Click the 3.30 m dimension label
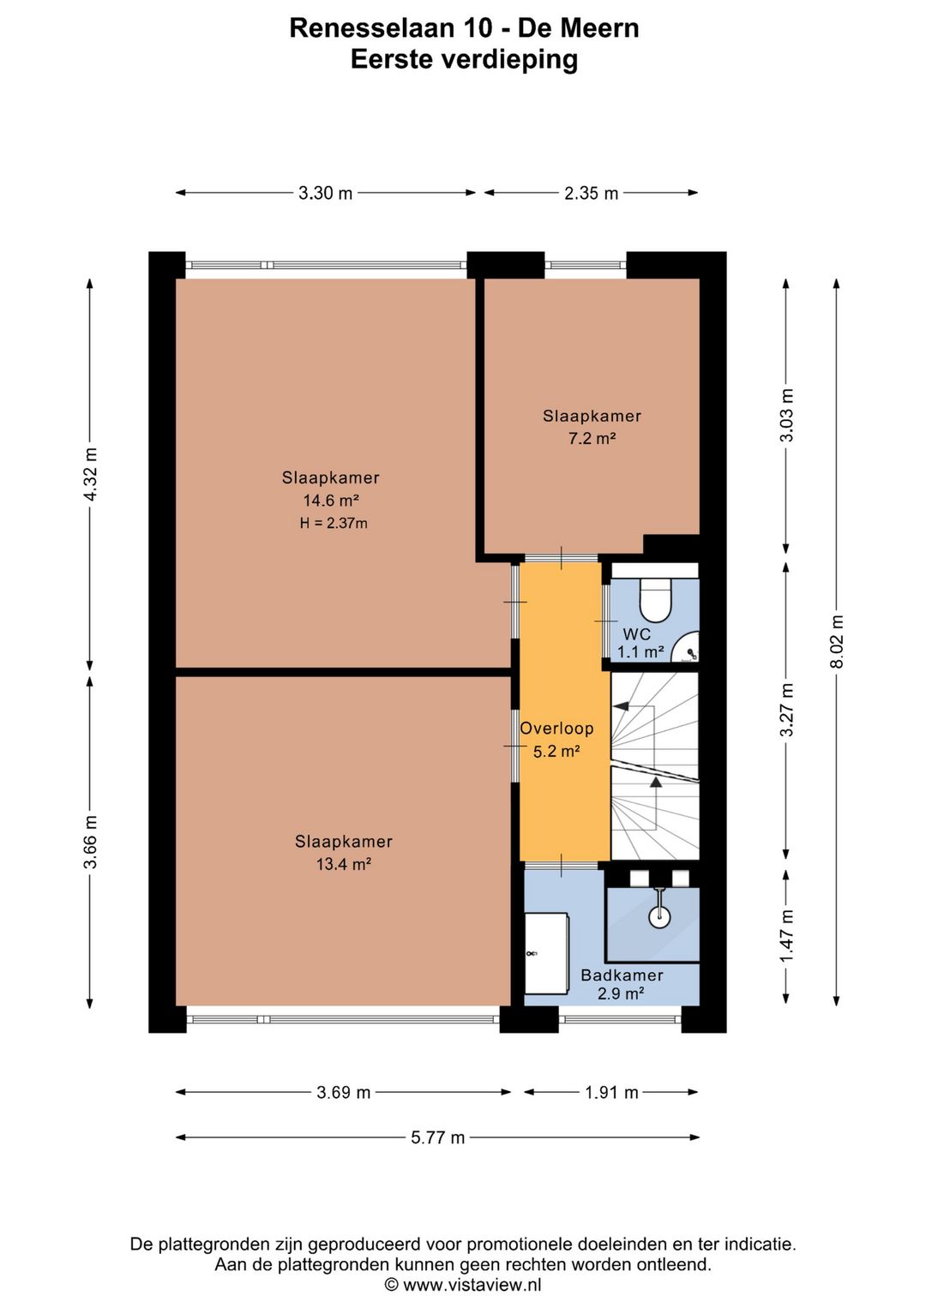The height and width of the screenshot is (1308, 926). point(326,193)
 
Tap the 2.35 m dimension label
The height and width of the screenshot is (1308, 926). point(591,193)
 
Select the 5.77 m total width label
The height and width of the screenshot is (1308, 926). point(437,1137)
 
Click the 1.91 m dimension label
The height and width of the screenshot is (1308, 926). point(611,1092)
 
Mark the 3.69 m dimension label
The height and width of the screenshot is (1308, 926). point(344,1092)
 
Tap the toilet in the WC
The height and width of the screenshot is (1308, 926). point(657,601)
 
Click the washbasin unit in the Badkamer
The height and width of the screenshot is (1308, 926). point(546,953)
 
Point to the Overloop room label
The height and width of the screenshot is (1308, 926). point(556,729)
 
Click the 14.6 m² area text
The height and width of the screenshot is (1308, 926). point(331,501)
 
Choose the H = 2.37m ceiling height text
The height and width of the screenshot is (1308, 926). point(334,523)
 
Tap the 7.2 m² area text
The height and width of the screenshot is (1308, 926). point(592,439)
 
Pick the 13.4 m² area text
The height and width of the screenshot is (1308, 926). point(344,864)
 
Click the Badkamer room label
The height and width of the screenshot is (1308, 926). point(622,975)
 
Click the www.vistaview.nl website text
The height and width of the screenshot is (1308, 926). point(472,1285)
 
